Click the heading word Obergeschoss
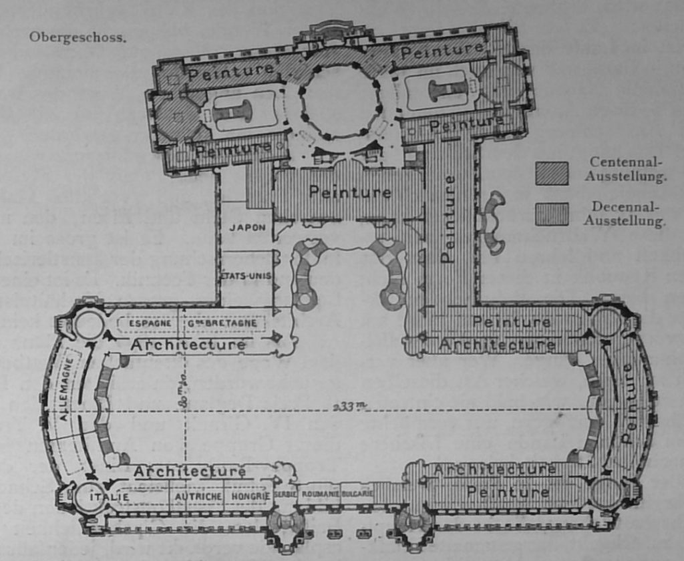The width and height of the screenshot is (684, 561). point(77,37)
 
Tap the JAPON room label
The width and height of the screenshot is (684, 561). point(247,227)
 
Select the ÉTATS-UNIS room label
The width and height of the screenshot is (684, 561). point(246,275)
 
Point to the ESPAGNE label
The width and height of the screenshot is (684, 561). point(148,324)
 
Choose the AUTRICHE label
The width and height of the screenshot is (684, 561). point(198,497)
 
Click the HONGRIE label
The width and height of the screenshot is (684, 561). point(250,497)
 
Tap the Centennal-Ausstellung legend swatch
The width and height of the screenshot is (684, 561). point(552,173)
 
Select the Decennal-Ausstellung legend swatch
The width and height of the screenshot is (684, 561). point(552,214)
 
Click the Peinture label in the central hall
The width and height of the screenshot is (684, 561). point(350,192)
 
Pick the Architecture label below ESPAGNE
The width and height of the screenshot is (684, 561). point(188,345)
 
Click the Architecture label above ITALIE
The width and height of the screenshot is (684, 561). point(190,472)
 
